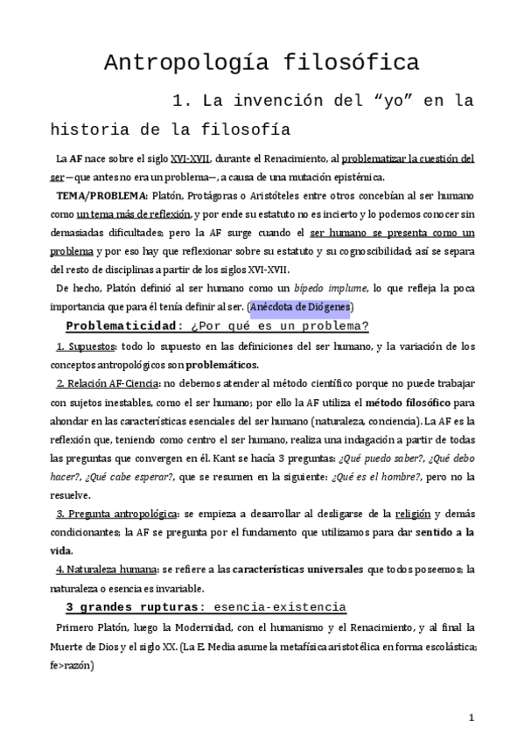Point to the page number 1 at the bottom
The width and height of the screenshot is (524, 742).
(x=471, y=717)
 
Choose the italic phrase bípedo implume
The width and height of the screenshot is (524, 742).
(x=324, y=288)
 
